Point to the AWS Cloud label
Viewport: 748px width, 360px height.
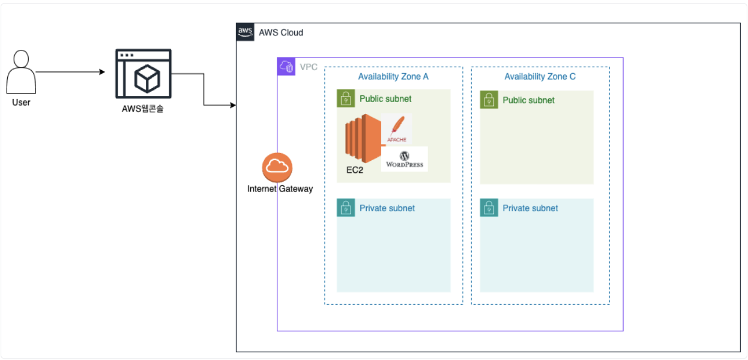point(281,32)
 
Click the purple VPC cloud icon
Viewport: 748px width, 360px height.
point(286,67)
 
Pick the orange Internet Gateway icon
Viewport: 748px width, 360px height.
point(277,167)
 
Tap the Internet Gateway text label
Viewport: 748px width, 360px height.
point(280,189)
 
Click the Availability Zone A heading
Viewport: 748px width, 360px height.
point(393,77)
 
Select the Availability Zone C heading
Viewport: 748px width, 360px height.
point(540,77)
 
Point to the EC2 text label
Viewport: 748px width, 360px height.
point(355,170)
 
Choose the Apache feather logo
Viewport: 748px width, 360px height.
point(397,128)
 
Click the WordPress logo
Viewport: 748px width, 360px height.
point(405,159)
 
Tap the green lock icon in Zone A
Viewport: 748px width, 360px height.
point(346,99)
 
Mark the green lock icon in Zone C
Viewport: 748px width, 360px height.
point(489,100)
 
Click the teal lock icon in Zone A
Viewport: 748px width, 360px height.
point(346,208)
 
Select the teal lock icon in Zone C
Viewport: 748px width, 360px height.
point(489,208)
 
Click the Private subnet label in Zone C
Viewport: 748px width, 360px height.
point(530,208)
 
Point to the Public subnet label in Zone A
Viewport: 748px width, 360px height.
point(385,99)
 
